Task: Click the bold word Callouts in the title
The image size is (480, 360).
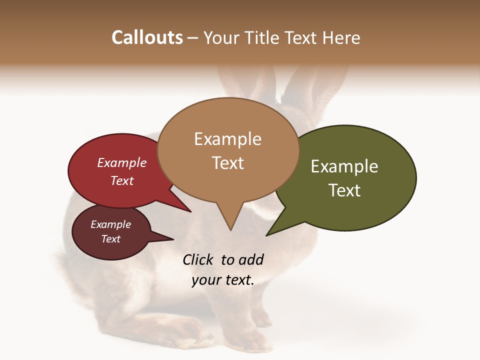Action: coord(147,37)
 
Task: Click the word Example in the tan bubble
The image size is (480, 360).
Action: coord(227,139)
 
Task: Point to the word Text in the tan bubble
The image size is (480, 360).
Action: coord(227,163)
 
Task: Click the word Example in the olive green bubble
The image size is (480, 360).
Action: coord(344,166)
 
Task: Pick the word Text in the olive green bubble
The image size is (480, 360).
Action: coord(344,190)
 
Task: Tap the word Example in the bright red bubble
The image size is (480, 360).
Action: coord(122,162)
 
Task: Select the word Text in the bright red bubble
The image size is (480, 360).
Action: coord(122,180)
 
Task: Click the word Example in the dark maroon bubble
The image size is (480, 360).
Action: coord(110,224)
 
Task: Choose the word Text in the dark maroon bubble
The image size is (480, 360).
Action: coord(110,239)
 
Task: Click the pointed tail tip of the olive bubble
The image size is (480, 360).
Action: coord(267,235)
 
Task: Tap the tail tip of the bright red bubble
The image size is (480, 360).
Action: coord(190,211)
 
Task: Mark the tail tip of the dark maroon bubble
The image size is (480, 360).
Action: coord(173,239)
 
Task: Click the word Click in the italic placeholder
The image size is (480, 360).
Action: coord(197,259)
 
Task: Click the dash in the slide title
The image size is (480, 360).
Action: coord(193,38)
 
